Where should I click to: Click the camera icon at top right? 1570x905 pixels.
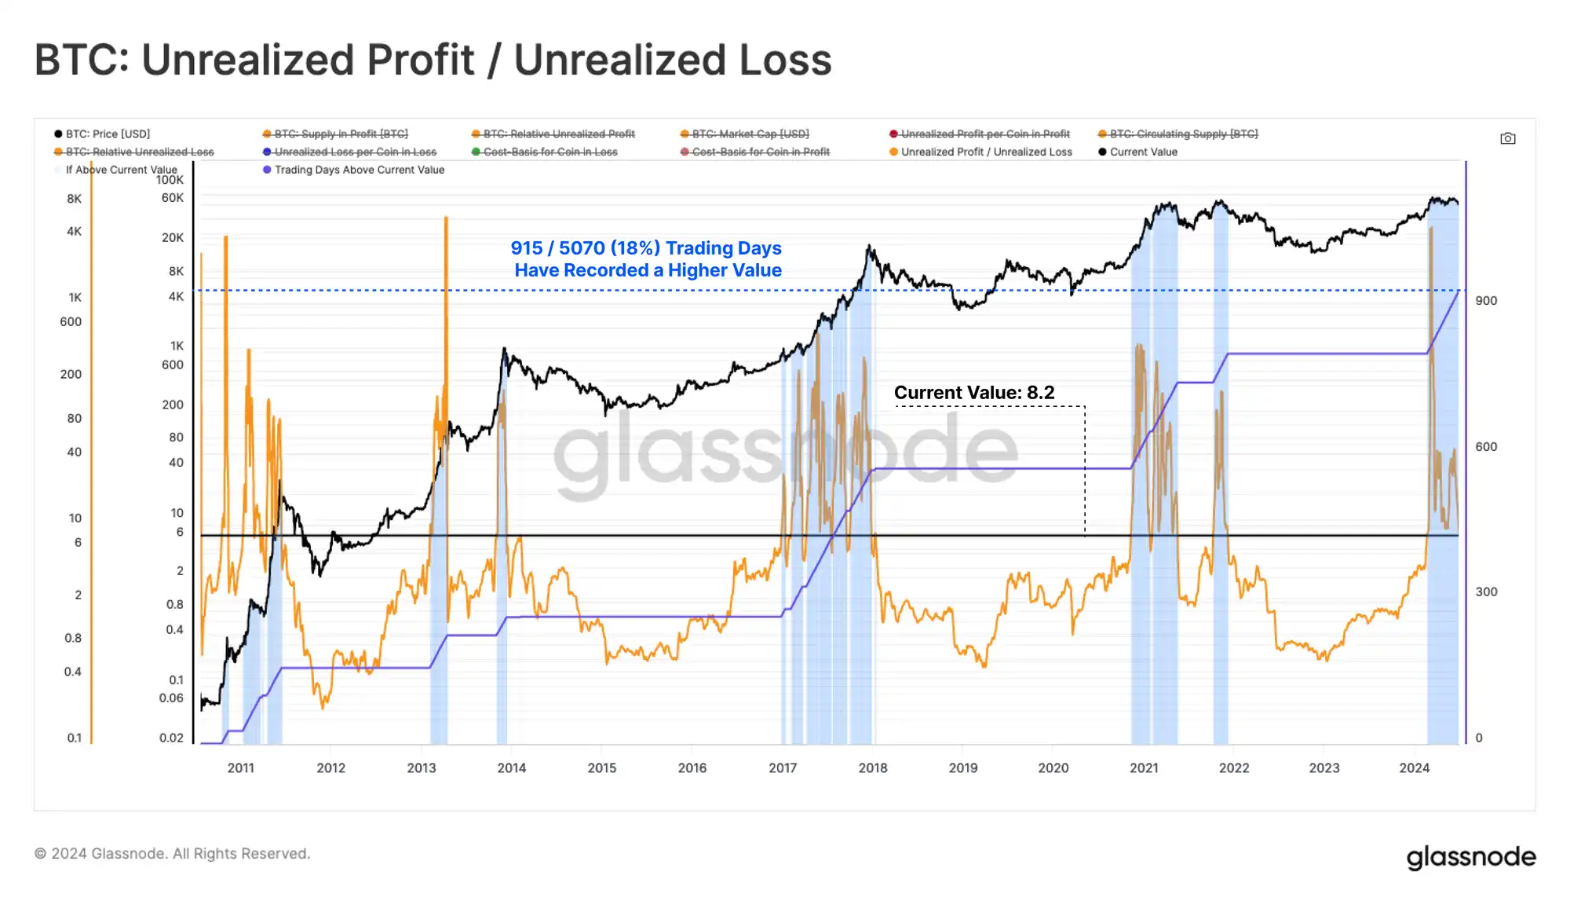(1507, 138)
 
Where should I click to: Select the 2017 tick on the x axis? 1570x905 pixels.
(782, 768)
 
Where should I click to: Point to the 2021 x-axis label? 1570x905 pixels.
(1144, 768)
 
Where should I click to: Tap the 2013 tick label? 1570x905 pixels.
(421, 768)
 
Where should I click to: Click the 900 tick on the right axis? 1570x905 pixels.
(1485, 301)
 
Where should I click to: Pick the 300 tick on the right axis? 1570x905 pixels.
(1485, 592)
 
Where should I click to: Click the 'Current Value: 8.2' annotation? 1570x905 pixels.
(973, 393)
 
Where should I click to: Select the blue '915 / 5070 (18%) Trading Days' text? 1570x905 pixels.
(645, 248)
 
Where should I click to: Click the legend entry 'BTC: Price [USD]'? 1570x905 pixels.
(107, 134)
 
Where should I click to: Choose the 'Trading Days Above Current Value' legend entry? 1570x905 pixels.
(359, 170)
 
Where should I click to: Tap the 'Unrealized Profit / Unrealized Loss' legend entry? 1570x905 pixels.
(985, 152)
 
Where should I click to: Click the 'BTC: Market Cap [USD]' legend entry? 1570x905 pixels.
(750, 134)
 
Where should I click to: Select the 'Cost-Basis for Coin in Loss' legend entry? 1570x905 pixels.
(549, 152)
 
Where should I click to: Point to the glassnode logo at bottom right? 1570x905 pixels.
(1470, 856)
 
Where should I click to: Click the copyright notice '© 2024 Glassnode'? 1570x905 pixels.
(173, 854)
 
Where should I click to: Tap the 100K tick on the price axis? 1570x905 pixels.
(170, 180)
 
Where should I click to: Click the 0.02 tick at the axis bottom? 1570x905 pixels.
(171, 738)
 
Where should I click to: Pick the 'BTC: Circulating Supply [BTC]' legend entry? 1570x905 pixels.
(1183, 134)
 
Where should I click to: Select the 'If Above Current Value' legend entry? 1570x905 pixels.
(121, 170)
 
